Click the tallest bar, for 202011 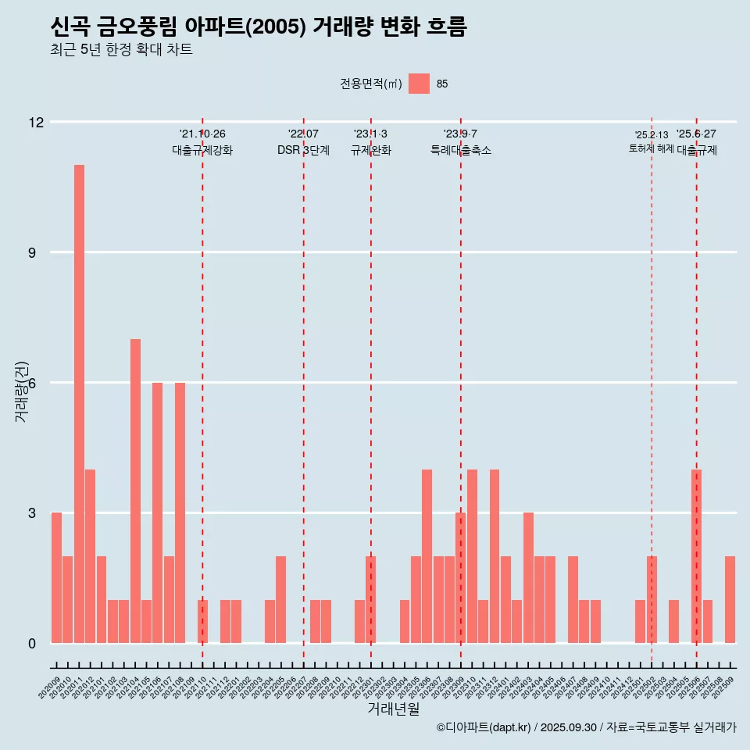(79, 404)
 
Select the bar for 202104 (135, 491)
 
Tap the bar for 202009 (56, 577)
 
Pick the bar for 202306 (427, 556)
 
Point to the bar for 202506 (696, 556)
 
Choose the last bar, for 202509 (730, 599)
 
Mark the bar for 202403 (528, 577)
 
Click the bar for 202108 (180, 512)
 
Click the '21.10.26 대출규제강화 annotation (202, 142)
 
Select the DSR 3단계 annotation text (303, 151)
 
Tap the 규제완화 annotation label (370, 151)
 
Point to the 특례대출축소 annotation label (461, 151)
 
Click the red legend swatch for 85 (420, 84)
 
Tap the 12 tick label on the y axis (36, 122)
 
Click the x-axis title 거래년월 (393, 709)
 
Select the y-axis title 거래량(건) (22, 391)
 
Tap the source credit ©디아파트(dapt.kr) (484, 727)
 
